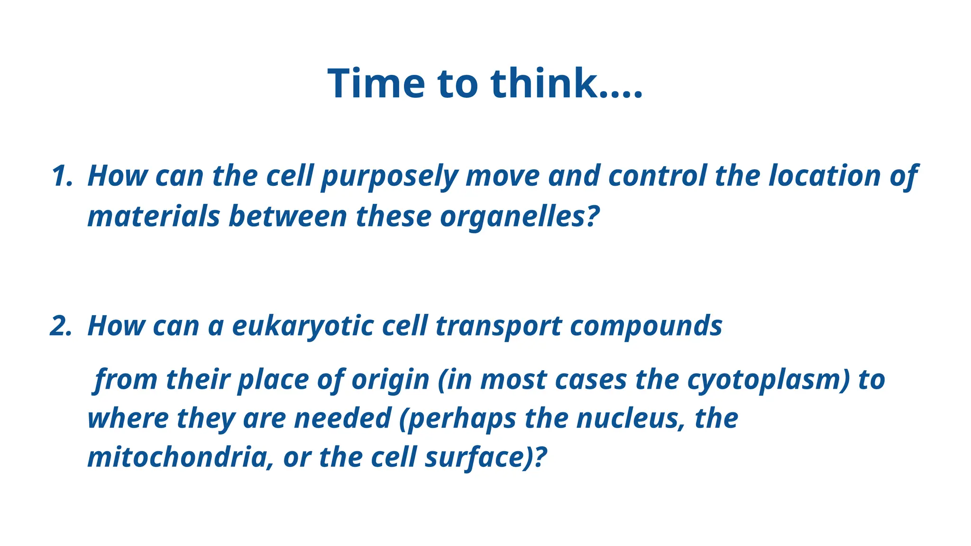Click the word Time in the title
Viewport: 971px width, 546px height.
[x=376, y=83]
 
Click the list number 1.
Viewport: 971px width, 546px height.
[x=62, y=176]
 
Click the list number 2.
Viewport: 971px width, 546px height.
[x=61, y=326]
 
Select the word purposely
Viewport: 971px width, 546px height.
[x=389, y=176]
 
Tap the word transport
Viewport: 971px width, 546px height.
[x=498, y=326]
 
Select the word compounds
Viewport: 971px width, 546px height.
[x=646, y=326]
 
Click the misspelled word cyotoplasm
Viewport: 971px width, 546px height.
[x=768, y=380]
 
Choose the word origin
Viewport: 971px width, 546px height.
[x=390, y=380]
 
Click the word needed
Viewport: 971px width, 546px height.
[x=342, y=419]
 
